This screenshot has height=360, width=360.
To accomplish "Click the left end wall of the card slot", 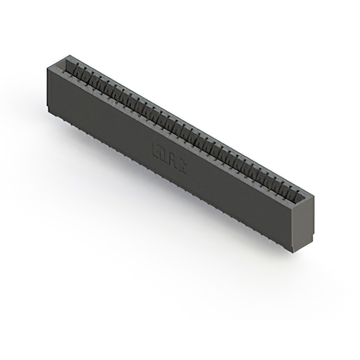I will [x=65, y=62].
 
